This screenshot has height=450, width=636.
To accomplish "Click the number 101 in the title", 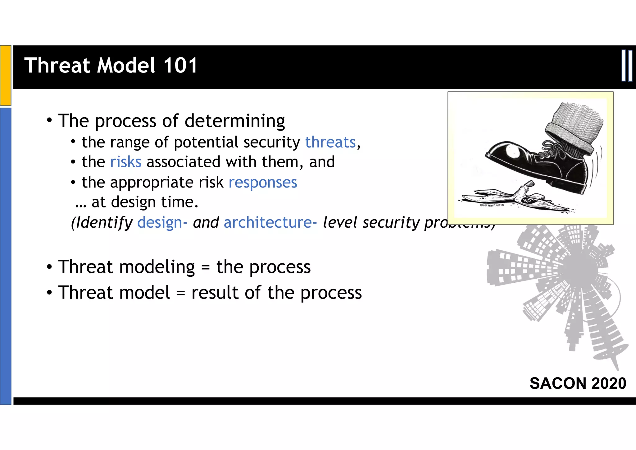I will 180,65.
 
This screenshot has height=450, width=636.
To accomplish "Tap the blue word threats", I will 330,142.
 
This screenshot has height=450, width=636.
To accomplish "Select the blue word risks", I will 126,162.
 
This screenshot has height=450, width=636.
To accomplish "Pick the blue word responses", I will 263,183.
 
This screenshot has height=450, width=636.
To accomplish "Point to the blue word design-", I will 162,223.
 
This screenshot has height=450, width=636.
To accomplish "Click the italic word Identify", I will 102,223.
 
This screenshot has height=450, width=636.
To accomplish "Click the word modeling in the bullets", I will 157,267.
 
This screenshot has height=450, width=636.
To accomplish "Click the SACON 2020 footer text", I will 578,383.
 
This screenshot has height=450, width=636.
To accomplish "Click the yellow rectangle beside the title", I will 6,75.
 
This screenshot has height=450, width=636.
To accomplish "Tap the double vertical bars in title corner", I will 627,66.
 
